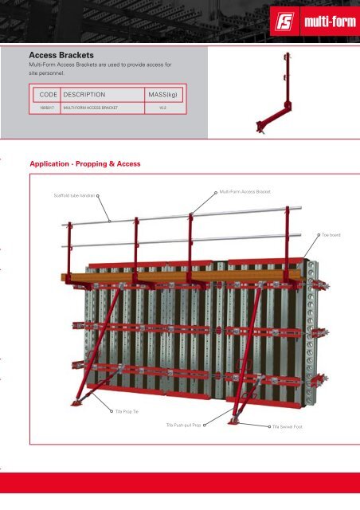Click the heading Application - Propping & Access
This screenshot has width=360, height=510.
pos(84,164)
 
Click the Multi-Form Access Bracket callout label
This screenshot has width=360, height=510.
pos(245,192)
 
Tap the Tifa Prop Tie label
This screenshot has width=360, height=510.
pos(127,410)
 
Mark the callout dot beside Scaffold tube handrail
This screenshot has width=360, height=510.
pos(99,194)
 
